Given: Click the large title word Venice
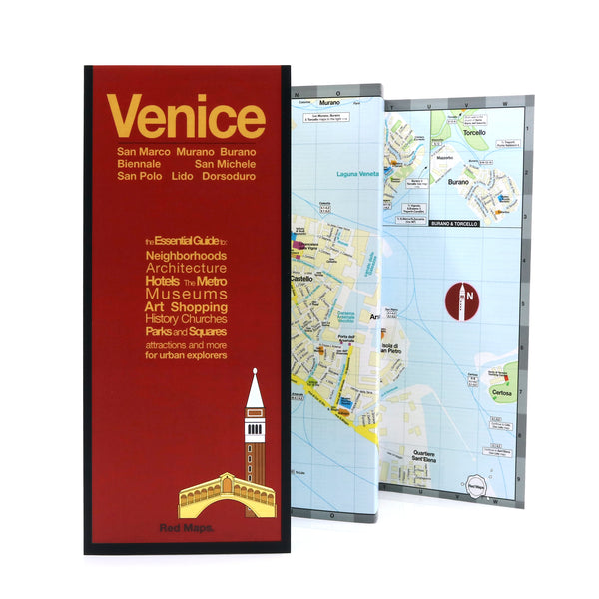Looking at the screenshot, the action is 186,117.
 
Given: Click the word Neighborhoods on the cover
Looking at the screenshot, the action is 185,256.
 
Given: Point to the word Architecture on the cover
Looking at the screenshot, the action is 186,269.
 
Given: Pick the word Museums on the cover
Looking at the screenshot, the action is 186,295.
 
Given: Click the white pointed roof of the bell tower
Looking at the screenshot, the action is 254,390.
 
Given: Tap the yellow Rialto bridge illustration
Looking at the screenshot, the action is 226,495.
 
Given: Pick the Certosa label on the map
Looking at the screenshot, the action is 502,395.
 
